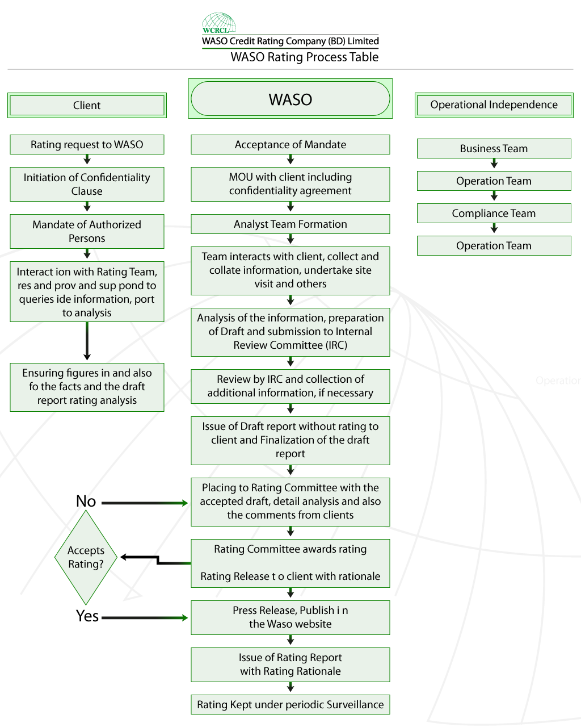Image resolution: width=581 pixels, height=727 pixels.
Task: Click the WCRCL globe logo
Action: point(219,23)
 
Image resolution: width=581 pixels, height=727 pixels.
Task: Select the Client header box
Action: point(87,106)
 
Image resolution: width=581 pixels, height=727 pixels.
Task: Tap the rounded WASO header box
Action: point(290,99)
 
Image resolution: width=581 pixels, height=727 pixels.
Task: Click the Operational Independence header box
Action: point(494,105)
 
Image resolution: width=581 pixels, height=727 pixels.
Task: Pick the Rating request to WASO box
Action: point(87,145)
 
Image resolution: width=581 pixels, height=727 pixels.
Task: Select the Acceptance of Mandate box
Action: point(290,145)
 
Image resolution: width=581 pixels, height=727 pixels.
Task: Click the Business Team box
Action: point(494,148)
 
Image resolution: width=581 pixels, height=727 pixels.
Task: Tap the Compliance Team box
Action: point(494,213)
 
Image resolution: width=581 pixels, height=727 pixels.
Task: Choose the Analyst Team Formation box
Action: point(290,224)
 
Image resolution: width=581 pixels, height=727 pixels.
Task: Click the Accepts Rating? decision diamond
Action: point(86,557)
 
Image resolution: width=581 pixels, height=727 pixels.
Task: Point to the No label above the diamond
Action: point(86,501)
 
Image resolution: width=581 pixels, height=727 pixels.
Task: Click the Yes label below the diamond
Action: point(87,616)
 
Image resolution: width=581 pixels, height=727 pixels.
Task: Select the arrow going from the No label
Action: point(145,503)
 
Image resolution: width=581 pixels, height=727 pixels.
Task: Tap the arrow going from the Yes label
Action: point(145,618)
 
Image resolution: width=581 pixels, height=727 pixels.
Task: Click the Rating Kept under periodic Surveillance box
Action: point(290,704)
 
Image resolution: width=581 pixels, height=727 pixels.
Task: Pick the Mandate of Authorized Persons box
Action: point(87,231)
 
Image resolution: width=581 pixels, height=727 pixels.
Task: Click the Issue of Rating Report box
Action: point(290,665)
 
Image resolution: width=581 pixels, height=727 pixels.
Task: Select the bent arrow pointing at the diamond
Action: point(158,560)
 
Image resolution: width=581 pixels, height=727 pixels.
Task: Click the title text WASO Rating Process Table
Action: point(304,57)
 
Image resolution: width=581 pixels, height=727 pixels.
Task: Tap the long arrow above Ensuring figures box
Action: point(87,341)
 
